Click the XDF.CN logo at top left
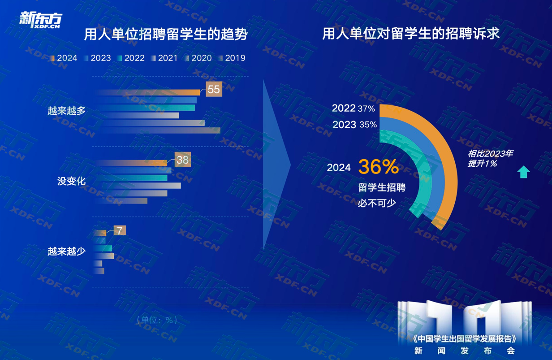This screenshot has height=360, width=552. pos(41,20)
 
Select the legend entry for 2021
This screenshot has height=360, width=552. pos(164,58)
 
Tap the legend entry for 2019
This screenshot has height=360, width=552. pos(232,58)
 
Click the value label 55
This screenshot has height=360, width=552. pos(214,89)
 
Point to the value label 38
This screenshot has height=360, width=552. pos(183,160)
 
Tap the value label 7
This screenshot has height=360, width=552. pos(120,230)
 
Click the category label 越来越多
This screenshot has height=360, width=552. pos(66,111)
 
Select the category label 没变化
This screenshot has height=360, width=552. pos(71,181)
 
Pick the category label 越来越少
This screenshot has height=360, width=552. pos(66,251)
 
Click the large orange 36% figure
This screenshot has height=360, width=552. pos(378,167)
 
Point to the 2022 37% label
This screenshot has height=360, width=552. pos(353,108)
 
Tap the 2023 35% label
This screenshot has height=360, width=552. pos(354,125)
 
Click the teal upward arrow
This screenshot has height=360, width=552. pos(523,172)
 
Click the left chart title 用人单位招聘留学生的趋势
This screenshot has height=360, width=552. pos(166,35)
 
